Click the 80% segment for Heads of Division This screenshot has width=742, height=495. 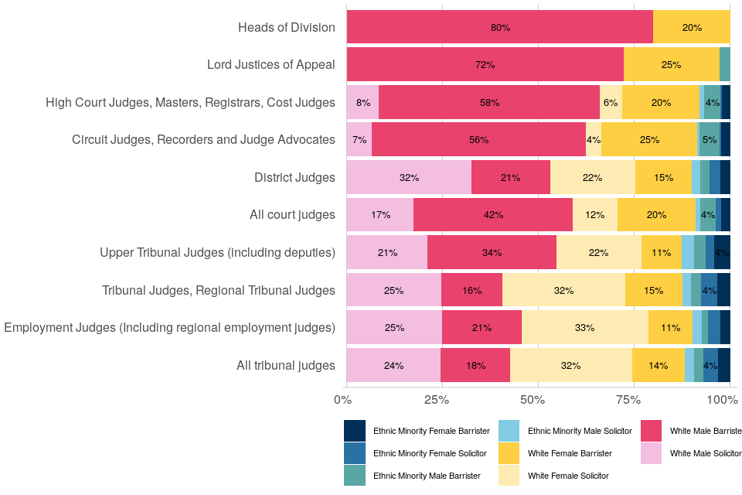click(x=500, y=27)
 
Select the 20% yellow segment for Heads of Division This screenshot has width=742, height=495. click(x=692, y=27)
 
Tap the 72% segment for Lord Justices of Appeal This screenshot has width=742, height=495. click(x=485, y=64)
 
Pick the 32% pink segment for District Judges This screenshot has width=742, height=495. click(x=409, y=177)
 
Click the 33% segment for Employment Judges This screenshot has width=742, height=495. click(x=584, y=327)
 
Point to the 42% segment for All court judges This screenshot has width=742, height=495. click(x=493, y=214)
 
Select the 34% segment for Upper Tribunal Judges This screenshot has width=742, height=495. click(x=492, y=252)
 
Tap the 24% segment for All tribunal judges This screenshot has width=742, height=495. click(x=393, y=365)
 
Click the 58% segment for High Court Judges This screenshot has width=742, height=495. click(x=489, y=102)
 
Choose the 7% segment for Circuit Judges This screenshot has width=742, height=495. click(x=359, y=139)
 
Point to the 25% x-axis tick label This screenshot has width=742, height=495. click(x=437, y=399)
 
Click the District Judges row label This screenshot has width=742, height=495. click(x=294, y=177)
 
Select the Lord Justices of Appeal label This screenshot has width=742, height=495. click(x=271, y=64)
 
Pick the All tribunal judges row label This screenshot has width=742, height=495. click(x=285, y=365)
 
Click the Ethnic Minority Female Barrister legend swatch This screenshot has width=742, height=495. click(x=355, y=430)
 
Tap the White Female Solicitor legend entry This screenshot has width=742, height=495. click(x=568, y=476)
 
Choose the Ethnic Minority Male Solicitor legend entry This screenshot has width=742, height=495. click(x=579, y=430)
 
